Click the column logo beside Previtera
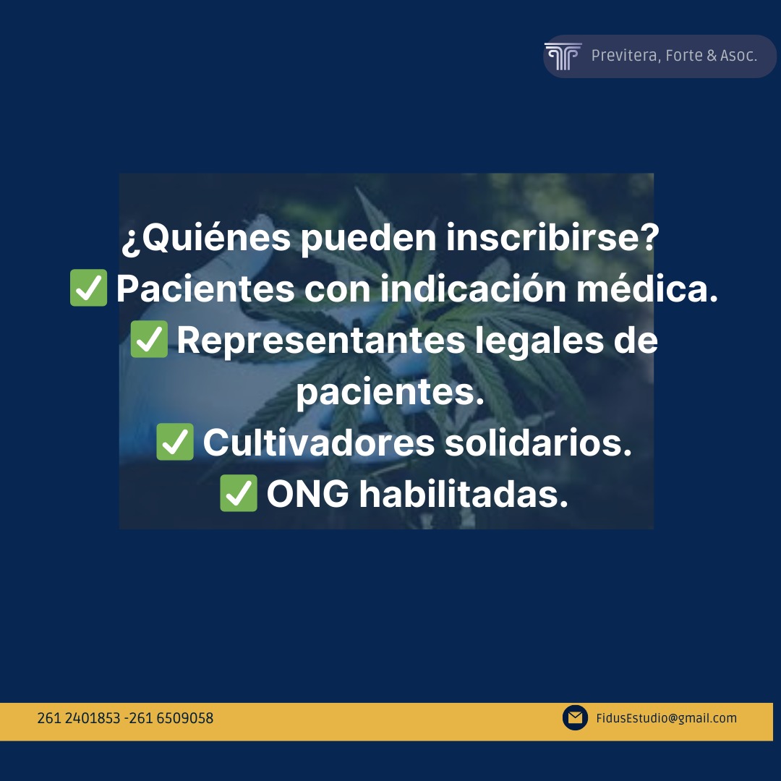[563, 56]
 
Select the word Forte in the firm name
[684, 55]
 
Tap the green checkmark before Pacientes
[89, 288]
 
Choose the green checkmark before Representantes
[149, 339]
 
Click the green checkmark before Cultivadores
[175, 442]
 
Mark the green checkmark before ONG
[239, 493]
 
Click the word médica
[647, 289]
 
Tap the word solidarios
[538, 442]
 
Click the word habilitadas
[464, 493]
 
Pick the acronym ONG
[308, 494]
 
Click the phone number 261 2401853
[79, 718]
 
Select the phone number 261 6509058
[171, 718]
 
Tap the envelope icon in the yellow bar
[576, 718]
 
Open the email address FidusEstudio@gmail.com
[667, 718]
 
